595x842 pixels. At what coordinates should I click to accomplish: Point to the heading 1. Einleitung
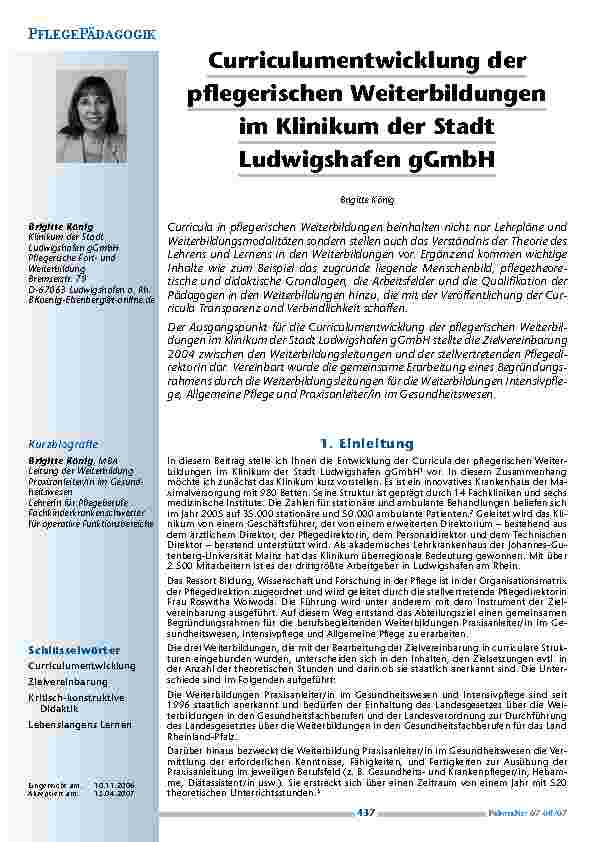(x=367, y=442)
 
